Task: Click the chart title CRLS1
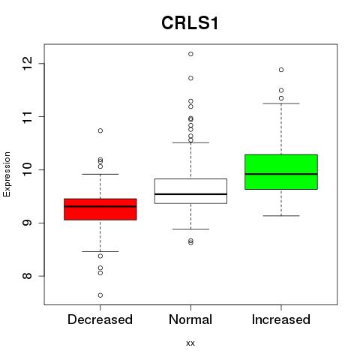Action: [x=190, y=23]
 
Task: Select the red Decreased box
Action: [x=100, y=209]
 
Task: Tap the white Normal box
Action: [x=190, y=191]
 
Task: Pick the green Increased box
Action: [x=281, y=172]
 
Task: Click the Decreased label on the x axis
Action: [x=100, y=319]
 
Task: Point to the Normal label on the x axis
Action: [x=190, y=319]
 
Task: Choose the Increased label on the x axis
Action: [x=281, y=319]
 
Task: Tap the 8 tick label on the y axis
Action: [x=28, y=276]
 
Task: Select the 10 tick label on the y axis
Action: [x=28, y=169]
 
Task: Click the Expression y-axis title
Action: [x=7, y=174]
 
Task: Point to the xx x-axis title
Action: [x=190, y=343]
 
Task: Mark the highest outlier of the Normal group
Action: [x=190, y=54]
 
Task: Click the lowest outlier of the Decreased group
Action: [x=100, y=295]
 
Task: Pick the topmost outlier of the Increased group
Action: [x=281, y=70]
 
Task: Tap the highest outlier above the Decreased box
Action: [x=100, y=130]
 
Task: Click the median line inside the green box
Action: [x=281, y=174]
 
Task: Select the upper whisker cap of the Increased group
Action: [x=281, y=103]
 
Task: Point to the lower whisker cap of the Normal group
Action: [x=190, y=229]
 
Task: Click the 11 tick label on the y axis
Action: [x=28, y=116]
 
